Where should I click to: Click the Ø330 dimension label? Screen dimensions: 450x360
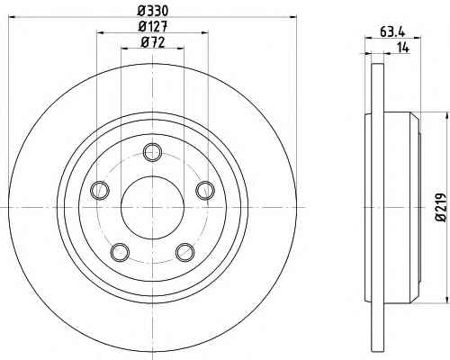tap(153, 12)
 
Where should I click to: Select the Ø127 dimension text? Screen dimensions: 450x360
tap(153, 27)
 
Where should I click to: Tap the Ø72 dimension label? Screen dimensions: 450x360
tap(153, 42)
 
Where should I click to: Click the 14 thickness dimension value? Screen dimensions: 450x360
tap(403, 48)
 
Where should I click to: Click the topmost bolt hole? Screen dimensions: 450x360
tap(153, 153)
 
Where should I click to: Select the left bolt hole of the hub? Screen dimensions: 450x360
tap(100, 190)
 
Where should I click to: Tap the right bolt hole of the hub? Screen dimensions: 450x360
tap(205, 190)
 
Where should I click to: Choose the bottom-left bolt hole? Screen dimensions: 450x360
tap(121, 252)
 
